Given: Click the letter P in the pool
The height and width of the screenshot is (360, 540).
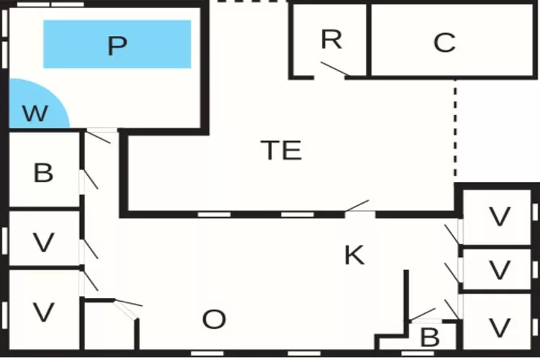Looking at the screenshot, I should click(117, 45).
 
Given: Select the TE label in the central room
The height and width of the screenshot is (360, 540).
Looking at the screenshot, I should click(281, 150).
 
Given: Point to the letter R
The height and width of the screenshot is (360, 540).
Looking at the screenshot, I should click(330, 40).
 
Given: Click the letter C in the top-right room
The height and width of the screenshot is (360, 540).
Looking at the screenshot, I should click(444, 43).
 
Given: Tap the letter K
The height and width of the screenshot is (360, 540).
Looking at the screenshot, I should click(354, 255).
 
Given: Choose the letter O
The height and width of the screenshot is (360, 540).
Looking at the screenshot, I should click(214, 320).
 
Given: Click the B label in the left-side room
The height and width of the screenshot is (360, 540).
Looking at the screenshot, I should click(43, 174).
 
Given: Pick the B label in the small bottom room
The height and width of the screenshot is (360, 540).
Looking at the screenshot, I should click(429, 337).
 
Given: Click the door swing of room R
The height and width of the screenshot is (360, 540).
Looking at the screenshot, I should click(335, 70).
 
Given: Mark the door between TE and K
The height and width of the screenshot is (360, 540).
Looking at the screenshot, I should click(358, 208).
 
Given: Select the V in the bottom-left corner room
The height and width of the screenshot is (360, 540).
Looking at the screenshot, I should click(43, 312).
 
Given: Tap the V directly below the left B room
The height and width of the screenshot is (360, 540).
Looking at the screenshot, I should click(43, 243).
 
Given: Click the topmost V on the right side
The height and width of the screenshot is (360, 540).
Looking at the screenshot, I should click(499, 216).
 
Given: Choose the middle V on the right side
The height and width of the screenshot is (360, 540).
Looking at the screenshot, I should click(499, 270).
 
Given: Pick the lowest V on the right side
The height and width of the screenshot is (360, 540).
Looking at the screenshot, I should click(499, 327).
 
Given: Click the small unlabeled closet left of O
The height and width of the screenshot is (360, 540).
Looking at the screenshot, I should click(108, 328).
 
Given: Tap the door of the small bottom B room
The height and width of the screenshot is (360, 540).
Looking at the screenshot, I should click(422, 315).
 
